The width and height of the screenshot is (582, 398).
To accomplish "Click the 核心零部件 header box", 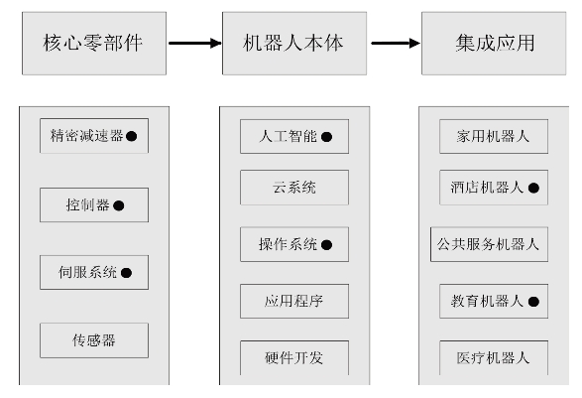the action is pos(94,43).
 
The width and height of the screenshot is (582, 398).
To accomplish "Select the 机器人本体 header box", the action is pos(294,43).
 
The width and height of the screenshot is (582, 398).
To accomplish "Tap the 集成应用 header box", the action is pos(494,43).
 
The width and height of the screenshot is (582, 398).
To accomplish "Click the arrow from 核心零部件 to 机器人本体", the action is pos(195,43).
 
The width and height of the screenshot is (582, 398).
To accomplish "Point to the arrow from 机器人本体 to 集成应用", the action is pos(396,43).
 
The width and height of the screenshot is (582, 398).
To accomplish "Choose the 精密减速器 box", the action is pos(94,136).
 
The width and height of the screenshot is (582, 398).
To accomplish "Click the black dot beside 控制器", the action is pos(119,205).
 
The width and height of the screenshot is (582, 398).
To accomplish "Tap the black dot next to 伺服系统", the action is pos(126,273).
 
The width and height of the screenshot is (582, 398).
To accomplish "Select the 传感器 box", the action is pos(94,340).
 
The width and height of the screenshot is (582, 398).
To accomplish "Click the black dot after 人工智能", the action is pos(326,137).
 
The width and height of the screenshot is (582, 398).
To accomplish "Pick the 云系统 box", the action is pos(294,188).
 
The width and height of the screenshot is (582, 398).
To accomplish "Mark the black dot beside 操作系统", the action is pos(326,245).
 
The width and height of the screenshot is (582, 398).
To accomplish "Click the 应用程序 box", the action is pos(294,302).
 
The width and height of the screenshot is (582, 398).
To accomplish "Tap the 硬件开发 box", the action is pos(294,358).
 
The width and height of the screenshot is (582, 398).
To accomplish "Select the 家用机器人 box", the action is pos(494,136).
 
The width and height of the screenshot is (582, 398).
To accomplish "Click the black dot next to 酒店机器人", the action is pos(533,188).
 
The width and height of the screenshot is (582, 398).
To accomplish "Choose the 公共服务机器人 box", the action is pos(489,244).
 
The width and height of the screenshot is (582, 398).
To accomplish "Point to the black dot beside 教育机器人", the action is pos(533,302).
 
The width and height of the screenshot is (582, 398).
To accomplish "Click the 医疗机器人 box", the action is pos(494,358).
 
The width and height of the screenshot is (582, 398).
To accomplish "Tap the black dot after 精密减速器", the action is pos(132,136).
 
